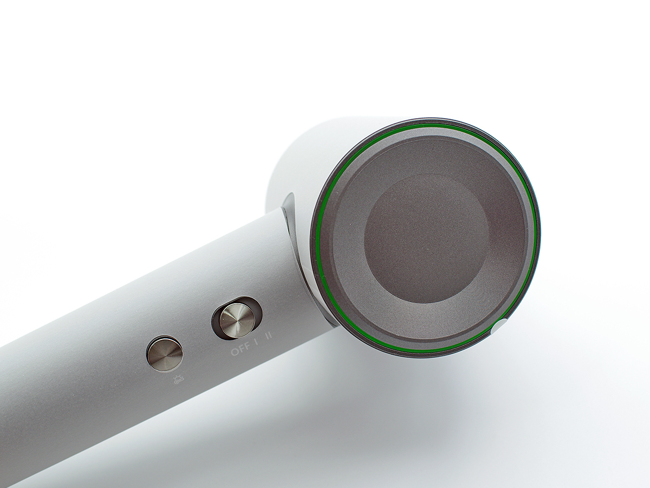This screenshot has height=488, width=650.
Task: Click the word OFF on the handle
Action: pos(240,351)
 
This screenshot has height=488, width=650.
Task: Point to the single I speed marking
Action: pos(256,344)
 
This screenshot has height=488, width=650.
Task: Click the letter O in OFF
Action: pos(234,353)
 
